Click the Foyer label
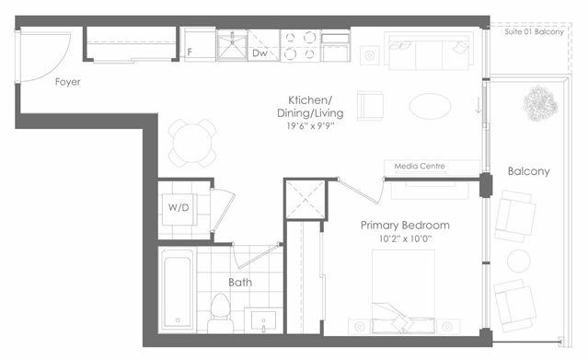click(67, 82)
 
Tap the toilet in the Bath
click(220, 312)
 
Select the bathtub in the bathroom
click(178, 290)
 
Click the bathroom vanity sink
click(263, 320)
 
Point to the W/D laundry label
click(179, 207)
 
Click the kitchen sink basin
click(232, 45)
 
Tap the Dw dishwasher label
click(259, 52)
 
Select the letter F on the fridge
click(190, 52)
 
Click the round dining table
click(192, 143)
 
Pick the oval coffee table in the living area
click(430, 106)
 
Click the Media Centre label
click(420, 166)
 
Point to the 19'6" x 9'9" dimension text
click(310, 126)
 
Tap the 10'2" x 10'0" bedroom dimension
click(405, 238)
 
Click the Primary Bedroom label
click(405, 226)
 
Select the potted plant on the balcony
click(540, 104)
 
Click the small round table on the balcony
click(519, 261)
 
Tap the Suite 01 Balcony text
click(534, 32)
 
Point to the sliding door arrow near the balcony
click(478, 105)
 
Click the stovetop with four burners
click(300, 46)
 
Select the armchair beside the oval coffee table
click(370, 106)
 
